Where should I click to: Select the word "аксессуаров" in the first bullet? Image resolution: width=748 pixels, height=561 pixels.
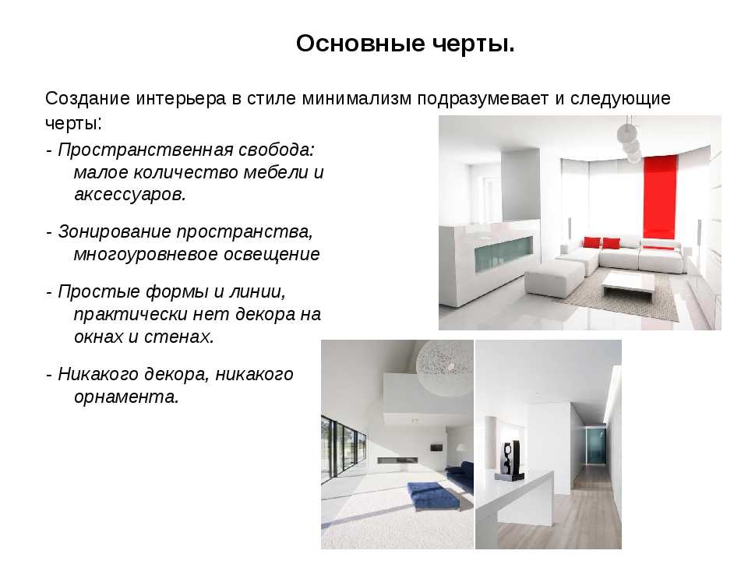click(x=128, y=194)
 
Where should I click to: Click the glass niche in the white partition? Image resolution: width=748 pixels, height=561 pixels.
click(x=503, y=254)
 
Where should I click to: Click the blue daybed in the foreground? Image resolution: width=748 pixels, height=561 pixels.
click(x=433, y=494)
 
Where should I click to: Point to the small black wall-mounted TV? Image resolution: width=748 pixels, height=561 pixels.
click(x=436, y=447)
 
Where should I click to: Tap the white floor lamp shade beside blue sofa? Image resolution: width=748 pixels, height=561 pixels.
click(x=462, y=448)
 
